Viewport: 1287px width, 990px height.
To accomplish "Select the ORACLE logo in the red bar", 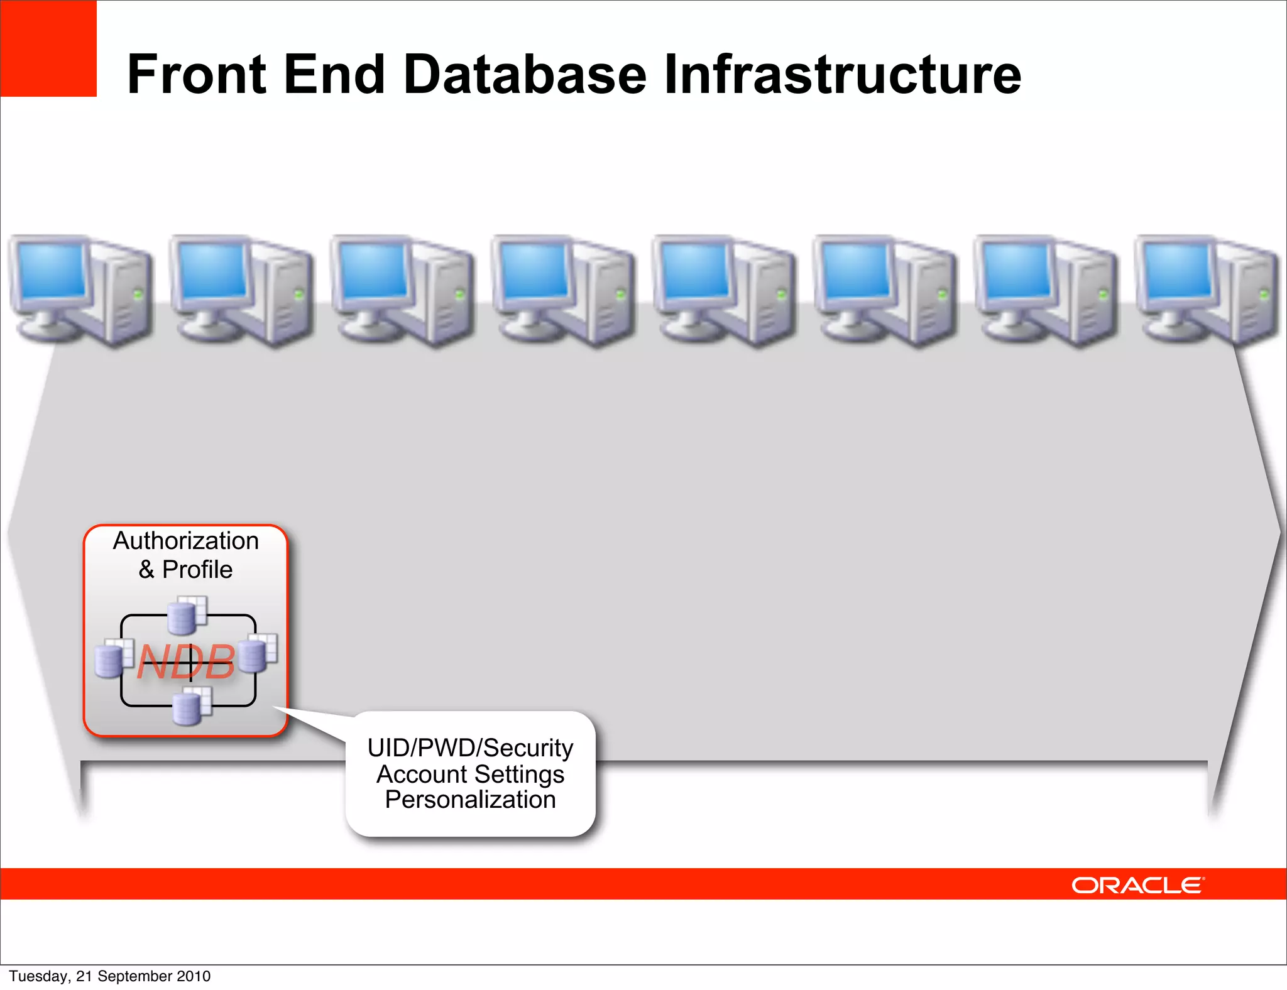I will (1137, 885).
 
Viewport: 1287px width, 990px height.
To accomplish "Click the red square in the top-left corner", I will (48, 48).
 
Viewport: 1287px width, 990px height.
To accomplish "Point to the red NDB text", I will (186, 662).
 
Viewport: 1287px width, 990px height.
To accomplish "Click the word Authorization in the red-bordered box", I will (186, 541).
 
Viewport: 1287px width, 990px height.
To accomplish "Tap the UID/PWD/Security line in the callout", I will (470, 748).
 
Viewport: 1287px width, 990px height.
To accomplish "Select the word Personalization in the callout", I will (470, 800).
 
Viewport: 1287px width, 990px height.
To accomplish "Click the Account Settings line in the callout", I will (470, 775).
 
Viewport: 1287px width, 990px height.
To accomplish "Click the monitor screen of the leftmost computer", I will (52, 271).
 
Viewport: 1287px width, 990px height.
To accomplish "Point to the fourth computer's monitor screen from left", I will (534, 271).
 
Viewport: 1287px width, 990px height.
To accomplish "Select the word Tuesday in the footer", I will (38, 976).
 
